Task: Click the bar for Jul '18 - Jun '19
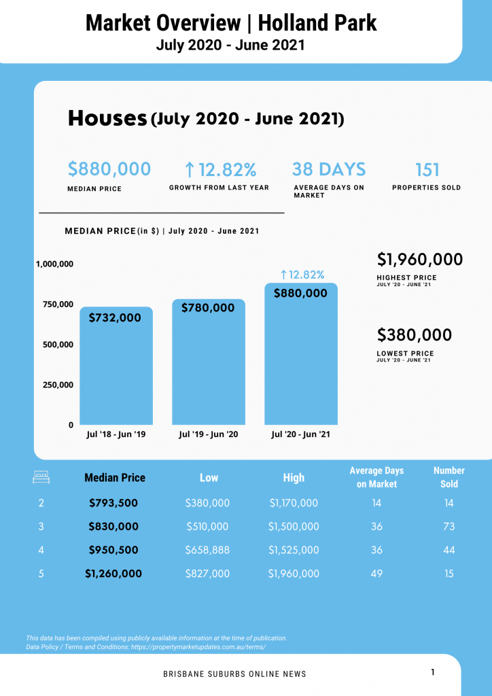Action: coord(116,367)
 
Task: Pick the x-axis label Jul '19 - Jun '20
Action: coord(209,434)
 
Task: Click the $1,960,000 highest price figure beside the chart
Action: coord(420,260)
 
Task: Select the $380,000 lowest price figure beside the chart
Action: coord(415,335)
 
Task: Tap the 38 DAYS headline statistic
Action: coord(329,169)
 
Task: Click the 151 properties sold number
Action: coord(427,169)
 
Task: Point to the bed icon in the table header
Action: coord(41,478)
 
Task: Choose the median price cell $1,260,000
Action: coord(113,574)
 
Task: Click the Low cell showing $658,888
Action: coord(208,550)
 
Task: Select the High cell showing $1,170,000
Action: coord(294,504)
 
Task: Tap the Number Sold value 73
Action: coord(449,527)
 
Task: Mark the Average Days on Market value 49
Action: coord(376,574)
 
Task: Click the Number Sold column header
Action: coord(449,477)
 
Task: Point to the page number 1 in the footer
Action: coord(433,672)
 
